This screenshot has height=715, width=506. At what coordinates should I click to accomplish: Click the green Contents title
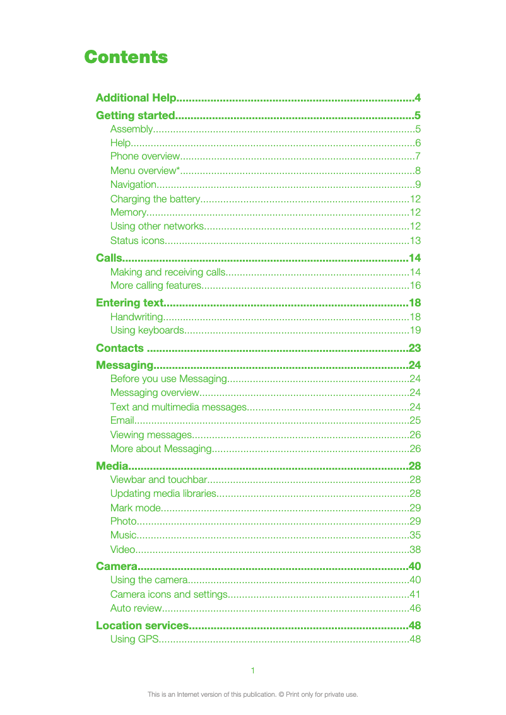tap(126, 57)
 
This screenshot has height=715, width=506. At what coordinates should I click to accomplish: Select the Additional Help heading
tap(136, 98)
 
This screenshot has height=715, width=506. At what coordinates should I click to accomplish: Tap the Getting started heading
tap(134, 115)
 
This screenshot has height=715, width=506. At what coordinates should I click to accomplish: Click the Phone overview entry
tap(145, 156)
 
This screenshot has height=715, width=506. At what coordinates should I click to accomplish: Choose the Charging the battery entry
tap(155, 199)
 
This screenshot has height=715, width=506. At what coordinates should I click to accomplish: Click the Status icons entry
tap(138, 241)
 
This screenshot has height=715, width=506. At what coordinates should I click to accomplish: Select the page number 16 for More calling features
tap(415, 286)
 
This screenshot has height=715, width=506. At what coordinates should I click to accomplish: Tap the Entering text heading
tap(129, 303)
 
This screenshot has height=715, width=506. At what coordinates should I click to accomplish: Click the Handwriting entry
tap(136, 317)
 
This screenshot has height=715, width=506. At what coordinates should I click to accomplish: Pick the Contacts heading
tap(120, 348)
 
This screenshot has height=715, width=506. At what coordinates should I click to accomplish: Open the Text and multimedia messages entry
tap(178, 407)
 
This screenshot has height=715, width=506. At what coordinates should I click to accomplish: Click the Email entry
tap(122, 420)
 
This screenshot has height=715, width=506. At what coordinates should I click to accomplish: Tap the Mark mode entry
tap(136, 508)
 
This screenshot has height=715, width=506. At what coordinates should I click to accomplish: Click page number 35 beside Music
tap(415, 535)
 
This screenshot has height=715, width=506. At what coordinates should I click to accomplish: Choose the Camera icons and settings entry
tap(168, 595)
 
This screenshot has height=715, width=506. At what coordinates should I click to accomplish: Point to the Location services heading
tap(142, 625)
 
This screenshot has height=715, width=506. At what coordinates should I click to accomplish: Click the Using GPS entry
tap(132, 639)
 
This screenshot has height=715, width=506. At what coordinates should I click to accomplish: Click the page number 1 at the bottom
tap(252, 670)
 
